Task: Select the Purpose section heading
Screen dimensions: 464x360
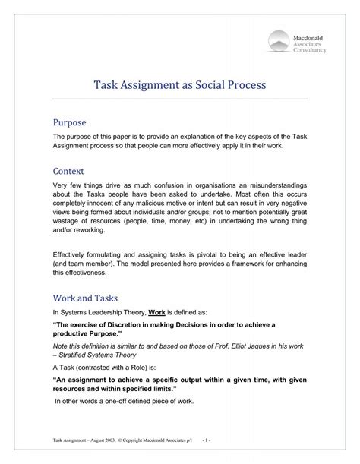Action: [x=69, y=122]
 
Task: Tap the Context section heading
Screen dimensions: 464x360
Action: [x=68, y=171]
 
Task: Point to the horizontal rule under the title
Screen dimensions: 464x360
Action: [x=179, y=99]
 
